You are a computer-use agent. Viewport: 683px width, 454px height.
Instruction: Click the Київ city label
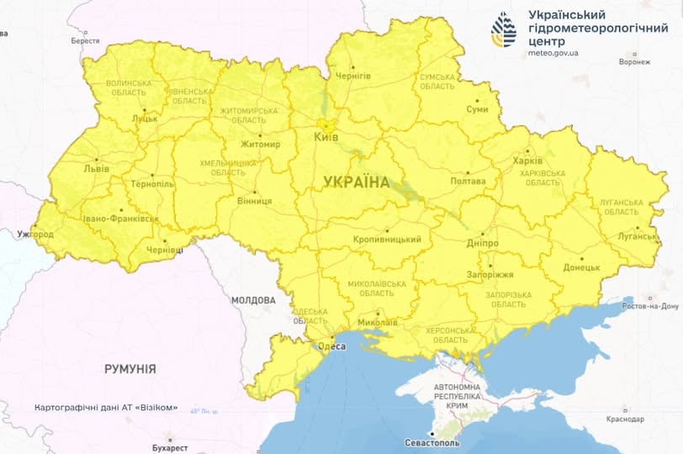pos(326,135)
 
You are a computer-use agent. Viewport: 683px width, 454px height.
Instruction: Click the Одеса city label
pos(330,346)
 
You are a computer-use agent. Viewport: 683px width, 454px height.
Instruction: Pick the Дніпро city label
pos(482,243)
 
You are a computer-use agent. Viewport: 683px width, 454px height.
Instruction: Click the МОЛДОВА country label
pos(252,300)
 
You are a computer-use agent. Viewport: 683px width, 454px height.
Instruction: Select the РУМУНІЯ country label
pos(130,369)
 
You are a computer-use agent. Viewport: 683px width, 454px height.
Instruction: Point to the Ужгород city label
pos(34,235)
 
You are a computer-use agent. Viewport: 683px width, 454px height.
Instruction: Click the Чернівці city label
pos(165,251)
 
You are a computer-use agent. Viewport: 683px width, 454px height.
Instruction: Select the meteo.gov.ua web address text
pos(553,52)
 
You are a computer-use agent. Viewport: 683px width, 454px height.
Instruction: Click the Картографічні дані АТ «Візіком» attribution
pos(106,408)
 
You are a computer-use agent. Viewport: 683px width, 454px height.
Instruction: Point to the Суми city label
pos(477,110)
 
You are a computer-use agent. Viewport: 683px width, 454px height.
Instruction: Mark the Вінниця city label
pos(253,202)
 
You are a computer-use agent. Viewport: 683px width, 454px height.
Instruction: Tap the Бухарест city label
pos(177,448)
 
